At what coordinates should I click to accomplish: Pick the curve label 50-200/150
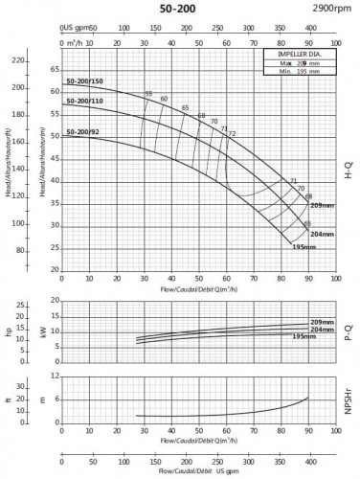tap(85, 84)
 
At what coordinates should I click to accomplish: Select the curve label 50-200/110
tap(85, 101)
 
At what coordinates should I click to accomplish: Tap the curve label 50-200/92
tap(83, 132)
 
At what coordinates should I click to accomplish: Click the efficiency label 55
tap(148, 93)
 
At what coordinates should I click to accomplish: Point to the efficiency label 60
tap(164, 100)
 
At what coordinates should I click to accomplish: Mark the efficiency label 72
tap(232, 133)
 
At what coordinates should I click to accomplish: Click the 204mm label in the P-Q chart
tap(321, 329)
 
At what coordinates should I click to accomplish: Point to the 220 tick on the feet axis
tap(16, 60)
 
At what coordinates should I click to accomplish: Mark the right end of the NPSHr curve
tap(308, 397)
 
